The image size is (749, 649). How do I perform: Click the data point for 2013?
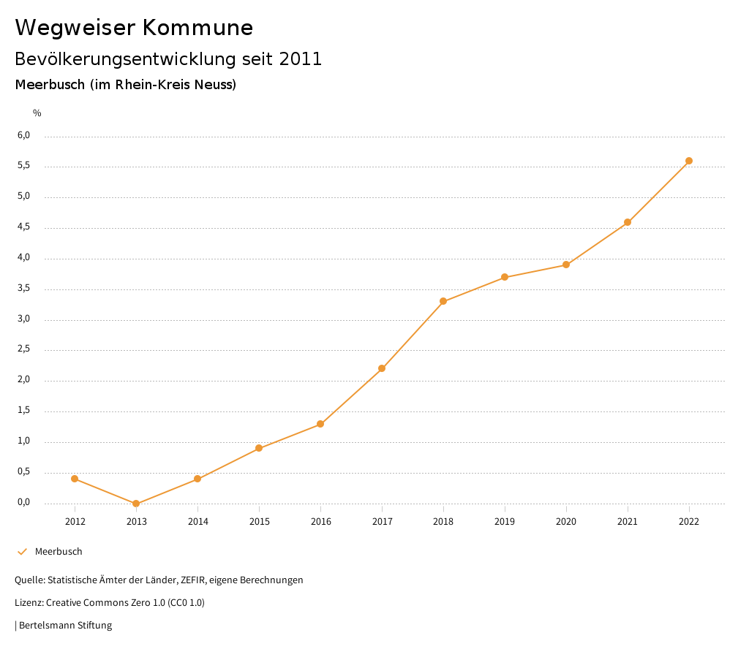click(136, 504)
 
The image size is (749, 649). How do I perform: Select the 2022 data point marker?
click(689, 161)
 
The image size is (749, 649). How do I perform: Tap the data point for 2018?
click(443, 301)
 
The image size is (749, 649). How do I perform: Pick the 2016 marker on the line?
click(320, 424)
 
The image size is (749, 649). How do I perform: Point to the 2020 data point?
click(566, 265)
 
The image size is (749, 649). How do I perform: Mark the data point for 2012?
click(75, 479)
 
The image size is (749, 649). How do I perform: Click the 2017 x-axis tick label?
click(382, 522)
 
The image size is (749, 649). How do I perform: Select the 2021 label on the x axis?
click(628, 522)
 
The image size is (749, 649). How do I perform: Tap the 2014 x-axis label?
click(197, 522)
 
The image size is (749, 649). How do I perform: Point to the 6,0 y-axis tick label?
click(24, 135)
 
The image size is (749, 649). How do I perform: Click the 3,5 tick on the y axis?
click(24, 289)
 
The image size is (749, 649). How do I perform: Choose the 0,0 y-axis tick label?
click(24, 502)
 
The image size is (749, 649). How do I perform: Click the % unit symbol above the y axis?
click(37, 113)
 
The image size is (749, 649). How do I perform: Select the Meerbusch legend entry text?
click(59, 552)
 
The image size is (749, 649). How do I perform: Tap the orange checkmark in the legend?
click(22, 552)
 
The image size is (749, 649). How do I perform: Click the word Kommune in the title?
click(197, 28)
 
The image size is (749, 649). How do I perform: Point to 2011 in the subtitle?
click(301, 59)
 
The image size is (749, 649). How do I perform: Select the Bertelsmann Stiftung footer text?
click(65, 626)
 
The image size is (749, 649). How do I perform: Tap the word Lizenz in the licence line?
click(29, 603)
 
